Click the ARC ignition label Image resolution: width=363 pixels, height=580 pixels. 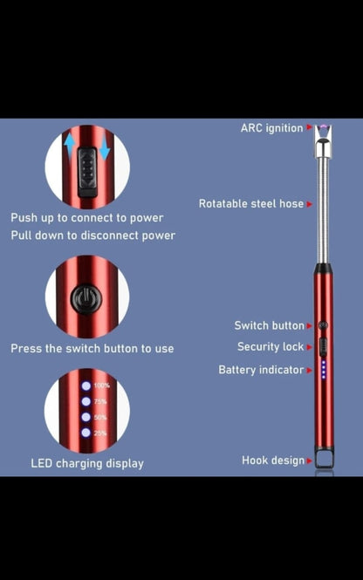[x=271, y=128]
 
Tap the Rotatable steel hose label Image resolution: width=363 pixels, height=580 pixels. [x=251, y=203]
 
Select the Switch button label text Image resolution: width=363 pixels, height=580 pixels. [x=269, y=325]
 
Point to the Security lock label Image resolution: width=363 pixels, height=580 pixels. [x=271, y=346]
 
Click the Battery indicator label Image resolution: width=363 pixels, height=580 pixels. [x=261, y=370]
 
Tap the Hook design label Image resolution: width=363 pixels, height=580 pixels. [x=273, y=460]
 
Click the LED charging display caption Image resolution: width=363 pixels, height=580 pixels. [x=87, y=463]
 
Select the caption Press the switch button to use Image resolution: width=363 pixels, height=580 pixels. [x=92, y=348]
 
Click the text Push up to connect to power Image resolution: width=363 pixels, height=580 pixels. [x=86, y=217]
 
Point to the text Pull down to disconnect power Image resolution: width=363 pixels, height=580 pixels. [x=92, y=235]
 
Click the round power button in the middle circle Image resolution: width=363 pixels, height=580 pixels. [x=86, y=298]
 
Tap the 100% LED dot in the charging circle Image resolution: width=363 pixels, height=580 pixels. [x=86, y=386]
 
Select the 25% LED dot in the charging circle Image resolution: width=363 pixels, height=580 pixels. [x=86, y=433]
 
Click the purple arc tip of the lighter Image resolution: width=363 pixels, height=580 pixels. [x=323, y=130]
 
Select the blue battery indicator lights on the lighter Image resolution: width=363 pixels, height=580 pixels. [x=324, y=370]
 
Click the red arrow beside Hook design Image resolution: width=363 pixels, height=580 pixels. [x=309, y=460]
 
